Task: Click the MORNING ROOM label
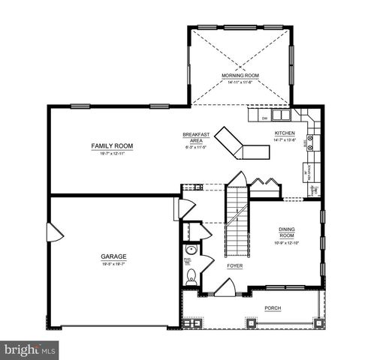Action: click(240, 76)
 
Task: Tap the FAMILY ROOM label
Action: click(112, 145)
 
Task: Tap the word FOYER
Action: click(234, 266)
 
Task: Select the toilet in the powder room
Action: click(191, 275)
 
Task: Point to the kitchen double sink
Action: click(281, 116)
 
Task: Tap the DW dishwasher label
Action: click(264, 118)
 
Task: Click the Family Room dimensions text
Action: click(112, 153)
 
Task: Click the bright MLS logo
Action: click(30, 350)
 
